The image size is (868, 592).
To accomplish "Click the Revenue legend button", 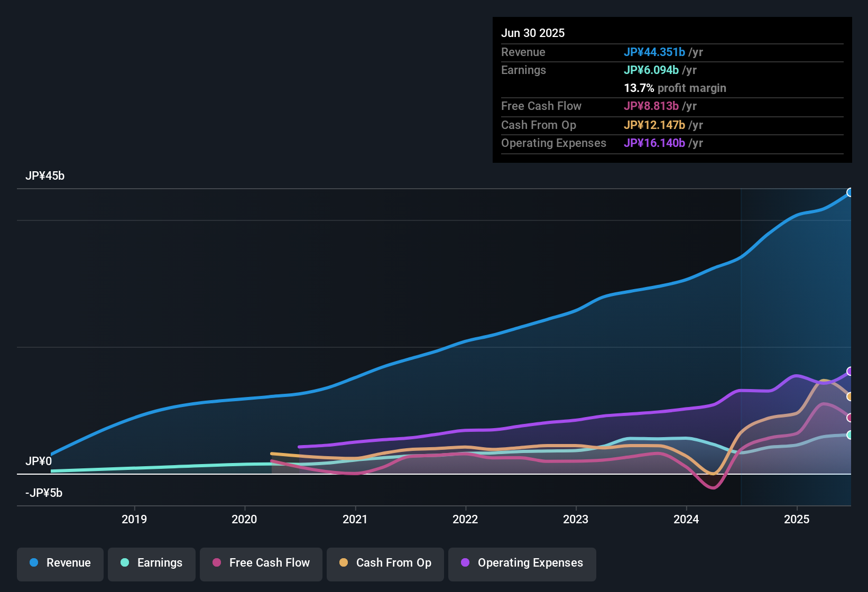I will pyautogui.click(x=60, y=563).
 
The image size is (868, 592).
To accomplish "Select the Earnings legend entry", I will pyautogui.click(x=152, y=563).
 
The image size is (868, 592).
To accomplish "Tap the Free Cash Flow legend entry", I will pyautogui.click(x=261, y=563).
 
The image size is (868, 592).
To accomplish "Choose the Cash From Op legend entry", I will pyautogui.click(x=385, y=563).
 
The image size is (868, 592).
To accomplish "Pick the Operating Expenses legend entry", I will pyautogui.click(x=522, y=563).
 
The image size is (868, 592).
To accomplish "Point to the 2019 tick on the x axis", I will pyautogui.click(x=134, y=519).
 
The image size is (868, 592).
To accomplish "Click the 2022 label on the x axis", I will pyautogui.click(x=465, y=519).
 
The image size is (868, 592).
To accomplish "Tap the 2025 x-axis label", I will pyautogui.click(x=797, y=519).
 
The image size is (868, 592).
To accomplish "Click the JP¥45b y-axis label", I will pyautogui.click(x=45, y=176).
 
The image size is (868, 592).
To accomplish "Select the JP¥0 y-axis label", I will pyautogui.click(x=39, y=461).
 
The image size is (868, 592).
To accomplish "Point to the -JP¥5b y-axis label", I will pyautogui.click(x=44, y=493).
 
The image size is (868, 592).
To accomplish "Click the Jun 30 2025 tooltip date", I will pyautogui.click(x=533, y=33).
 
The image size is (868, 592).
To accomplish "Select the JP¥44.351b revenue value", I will pyautogui.click(x=654, y=52).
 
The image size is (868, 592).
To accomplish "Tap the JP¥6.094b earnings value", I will pyautogui.click(x=651, y=70).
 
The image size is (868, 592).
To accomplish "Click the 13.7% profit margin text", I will pyautogui.click(x=675, y=88).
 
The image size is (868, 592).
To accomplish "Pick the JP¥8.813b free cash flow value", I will pyautogui.click(x=651, y=106).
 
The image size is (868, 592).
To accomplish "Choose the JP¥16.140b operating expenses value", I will pyautogui.click(x=654, y=143).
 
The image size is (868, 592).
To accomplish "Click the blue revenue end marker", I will pyautogui.click(x=849, y=192).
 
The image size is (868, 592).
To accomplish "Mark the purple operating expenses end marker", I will pyautogui.click(x=849, y=371).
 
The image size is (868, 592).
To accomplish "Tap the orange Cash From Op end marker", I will pyautogui.click(x=849, y=396).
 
